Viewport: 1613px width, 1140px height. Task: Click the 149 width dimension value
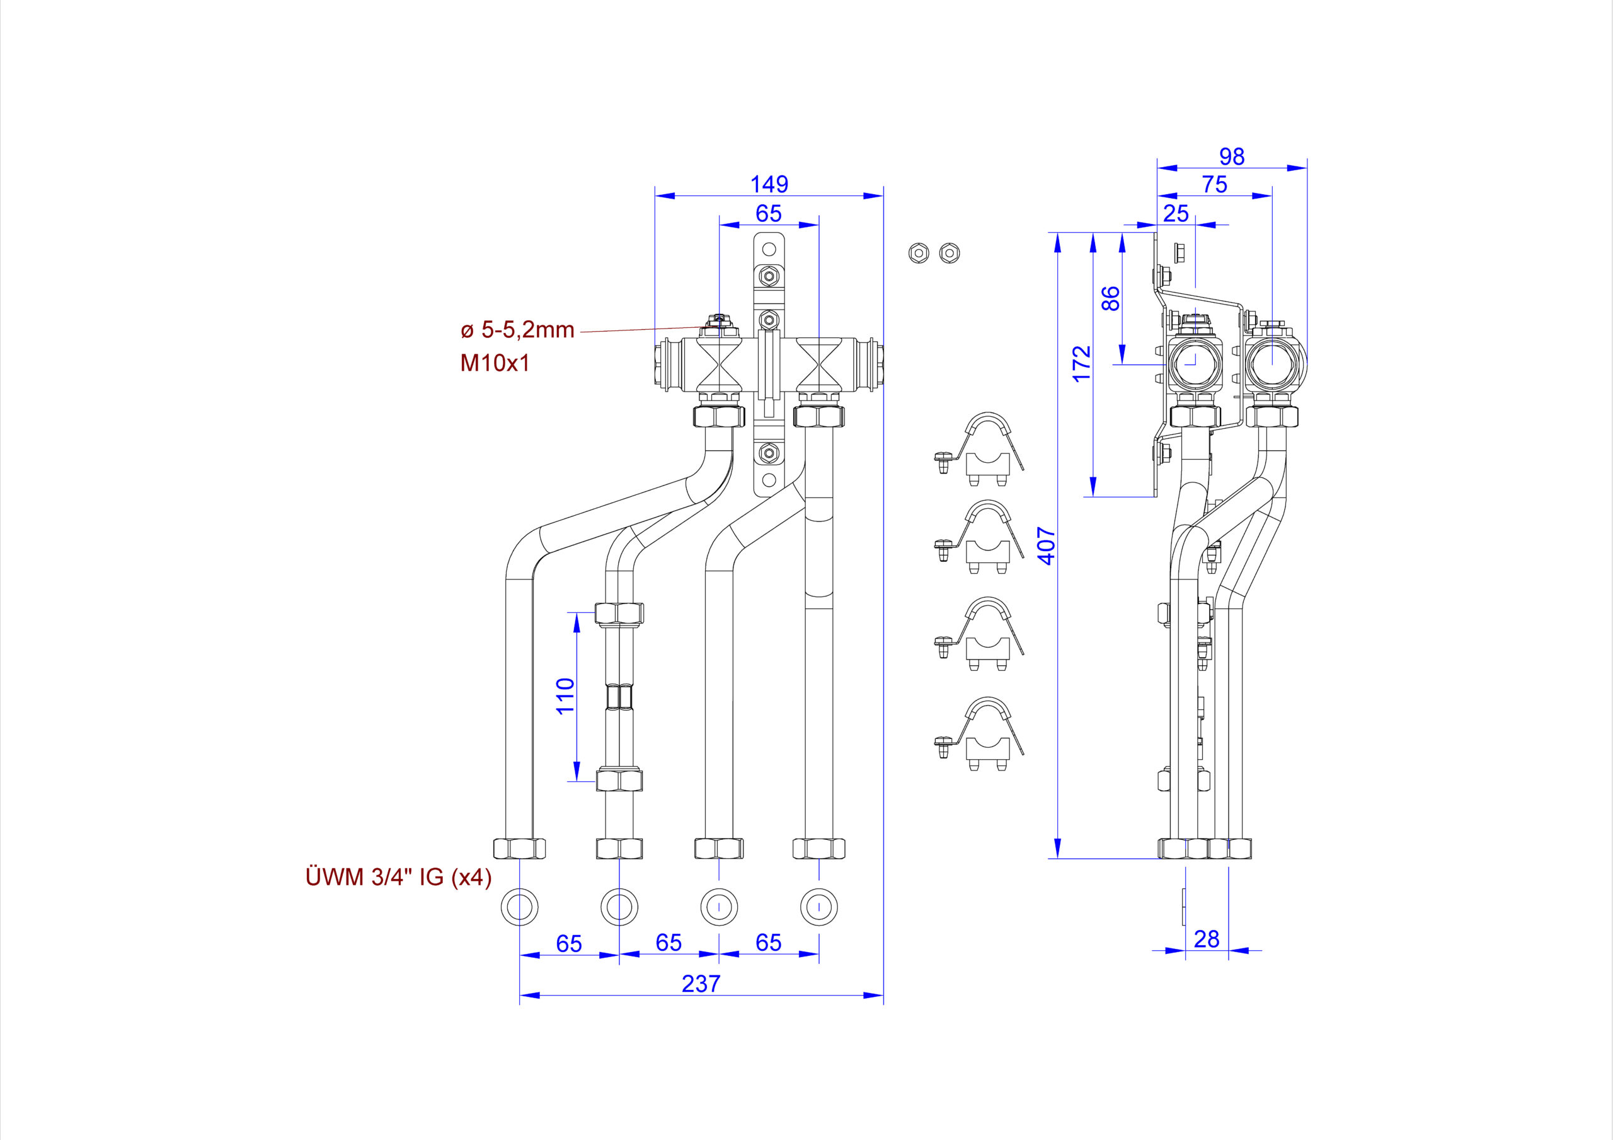[x=769, y=184]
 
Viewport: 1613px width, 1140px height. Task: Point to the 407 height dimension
[x=1047, y=545]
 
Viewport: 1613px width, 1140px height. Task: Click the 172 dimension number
[x=1082, y=363]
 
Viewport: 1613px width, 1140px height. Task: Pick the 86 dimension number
[x=1111, y=298]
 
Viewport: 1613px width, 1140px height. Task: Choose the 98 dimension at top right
[x=1232, y=156]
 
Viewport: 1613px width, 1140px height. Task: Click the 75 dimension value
[x=1215, y=184]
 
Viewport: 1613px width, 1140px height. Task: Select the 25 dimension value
[x=1176, y=213]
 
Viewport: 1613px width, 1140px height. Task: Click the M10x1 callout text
[x=495, y=363]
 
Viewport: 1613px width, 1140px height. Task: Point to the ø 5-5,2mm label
[x=518, y=330]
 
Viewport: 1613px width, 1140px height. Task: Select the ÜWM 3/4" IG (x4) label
[x=398, y=876]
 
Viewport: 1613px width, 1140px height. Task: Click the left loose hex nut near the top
[x=918, y=253]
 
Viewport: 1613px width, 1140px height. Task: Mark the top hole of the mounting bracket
[x=769, y=249]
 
